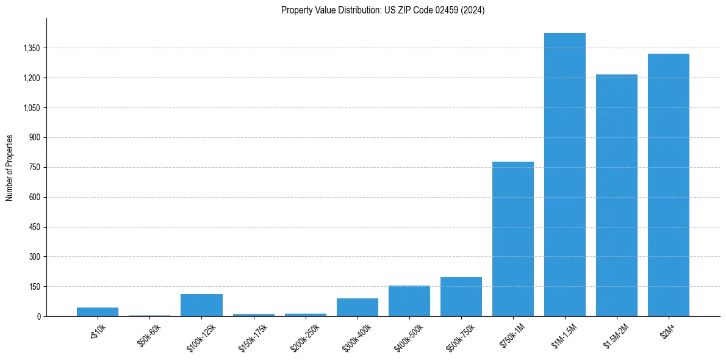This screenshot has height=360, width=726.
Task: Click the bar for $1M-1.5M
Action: pyautogui.click(x=564, y=175)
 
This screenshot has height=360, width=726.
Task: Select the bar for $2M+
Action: pyautogui.click(x=668, y=185)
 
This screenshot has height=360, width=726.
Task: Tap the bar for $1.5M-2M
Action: pyautogui.click(x=616, y=195)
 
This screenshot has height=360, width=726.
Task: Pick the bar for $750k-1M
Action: pyautogui.click(x=512, y=239)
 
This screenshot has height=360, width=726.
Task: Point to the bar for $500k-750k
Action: pyautogui.click(x=461, y=297)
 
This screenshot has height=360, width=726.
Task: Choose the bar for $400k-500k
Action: pyautogui.click(x=409, y=301)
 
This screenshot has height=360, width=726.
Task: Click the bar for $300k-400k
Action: pyautogui.click(x=357, y=307)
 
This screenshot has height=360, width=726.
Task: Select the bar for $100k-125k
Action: pyautogui.click(x=201, y=305)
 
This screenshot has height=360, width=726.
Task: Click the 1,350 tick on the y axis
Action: pyautogui.click(x=32, y=48)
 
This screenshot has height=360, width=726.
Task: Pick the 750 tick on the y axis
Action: pyautogui.click(x=35, y=168)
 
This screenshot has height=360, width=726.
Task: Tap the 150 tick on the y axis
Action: pyautogui.click(x=35, y=287)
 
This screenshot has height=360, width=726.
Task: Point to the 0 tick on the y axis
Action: pyautogui.click(x=38, y=317)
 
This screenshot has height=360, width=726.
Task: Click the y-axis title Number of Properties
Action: pyautogui.click(x=9, y=167)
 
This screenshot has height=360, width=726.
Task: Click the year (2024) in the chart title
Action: pyautogui.click(x=473, y=10)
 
